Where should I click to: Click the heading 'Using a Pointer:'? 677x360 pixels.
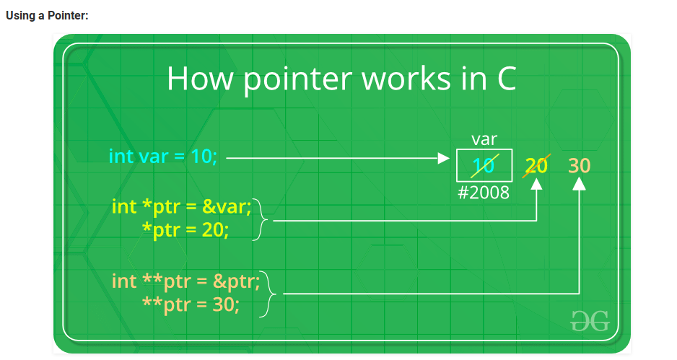[x=47, y=16]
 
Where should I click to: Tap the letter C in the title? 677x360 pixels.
[x=507, y=78]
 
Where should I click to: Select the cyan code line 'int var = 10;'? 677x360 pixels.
[x=163, y=156]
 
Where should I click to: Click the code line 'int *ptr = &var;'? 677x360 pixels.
[x=181, y=207]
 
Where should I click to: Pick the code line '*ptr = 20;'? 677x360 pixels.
[x=185, y=229]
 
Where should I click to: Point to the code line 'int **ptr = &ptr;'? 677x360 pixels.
[x=185, y=281]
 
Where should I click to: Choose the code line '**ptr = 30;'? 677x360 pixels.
[x=191, y=304]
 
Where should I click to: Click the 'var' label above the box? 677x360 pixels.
[x=484, y=139]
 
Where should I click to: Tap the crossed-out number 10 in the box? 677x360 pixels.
[x=484, y=165]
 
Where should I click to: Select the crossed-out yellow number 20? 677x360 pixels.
[x=536, y=165]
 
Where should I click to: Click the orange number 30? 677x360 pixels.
[x=579, y=165]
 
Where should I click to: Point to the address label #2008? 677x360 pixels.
[x=484, y=193]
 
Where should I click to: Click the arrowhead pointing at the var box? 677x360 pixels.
[x=443, y=159]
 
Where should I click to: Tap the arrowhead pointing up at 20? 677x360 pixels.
[x=536, y=184]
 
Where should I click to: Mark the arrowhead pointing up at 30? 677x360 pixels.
[x=579, y=184]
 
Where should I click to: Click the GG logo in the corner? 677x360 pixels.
[x=590, y=321]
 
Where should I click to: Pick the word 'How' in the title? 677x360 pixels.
[x=201, y=78]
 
